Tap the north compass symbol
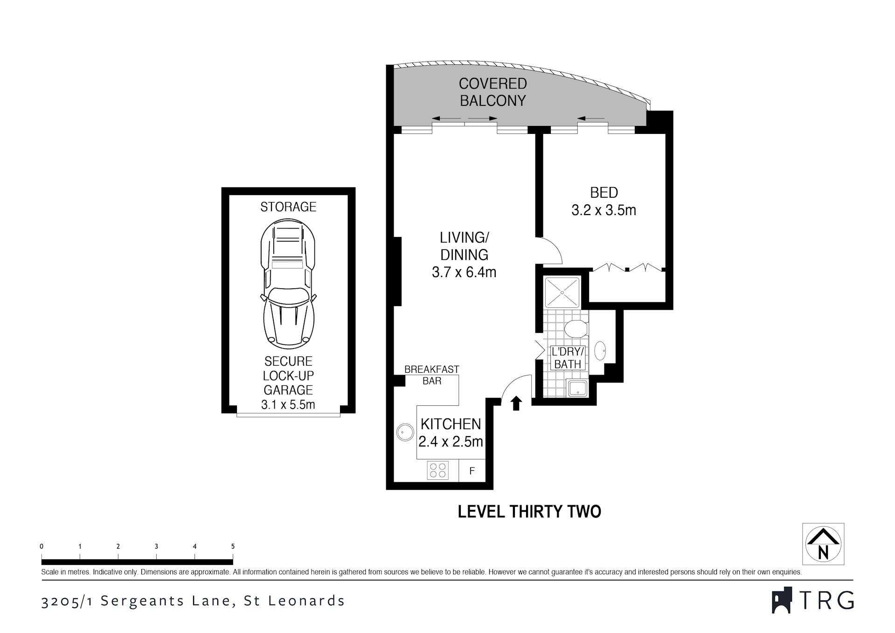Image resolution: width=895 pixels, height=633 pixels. (823, 544)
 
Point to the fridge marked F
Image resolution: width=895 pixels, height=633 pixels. (472, 471)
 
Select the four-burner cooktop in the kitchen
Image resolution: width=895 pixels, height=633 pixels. (438, 470)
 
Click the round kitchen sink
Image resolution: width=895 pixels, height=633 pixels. (405, 433)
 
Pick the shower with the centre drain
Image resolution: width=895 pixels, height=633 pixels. (562, 292)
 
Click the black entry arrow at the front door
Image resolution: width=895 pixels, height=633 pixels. (516, 403)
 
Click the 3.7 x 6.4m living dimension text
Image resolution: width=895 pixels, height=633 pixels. (464, 272)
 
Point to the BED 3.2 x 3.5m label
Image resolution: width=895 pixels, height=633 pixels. (604, 201)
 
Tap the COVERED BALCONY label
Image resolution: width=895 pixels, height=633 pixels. (493, 92)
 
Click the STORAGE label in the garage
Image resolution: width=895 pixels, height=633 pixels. (288, 207)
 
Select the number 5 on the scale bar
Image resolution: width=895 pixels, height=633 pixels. (233, 546)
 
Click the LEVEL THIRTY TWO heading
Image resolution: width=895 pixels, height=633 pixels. (529, 512)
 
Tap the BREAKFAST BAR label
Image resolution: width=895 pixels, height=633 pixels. (432, 375)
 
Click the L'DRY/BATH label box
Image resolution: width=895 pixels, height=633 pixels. (568, 358)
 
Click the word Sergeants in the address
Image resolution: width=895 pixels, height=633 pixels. (165, 601)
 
